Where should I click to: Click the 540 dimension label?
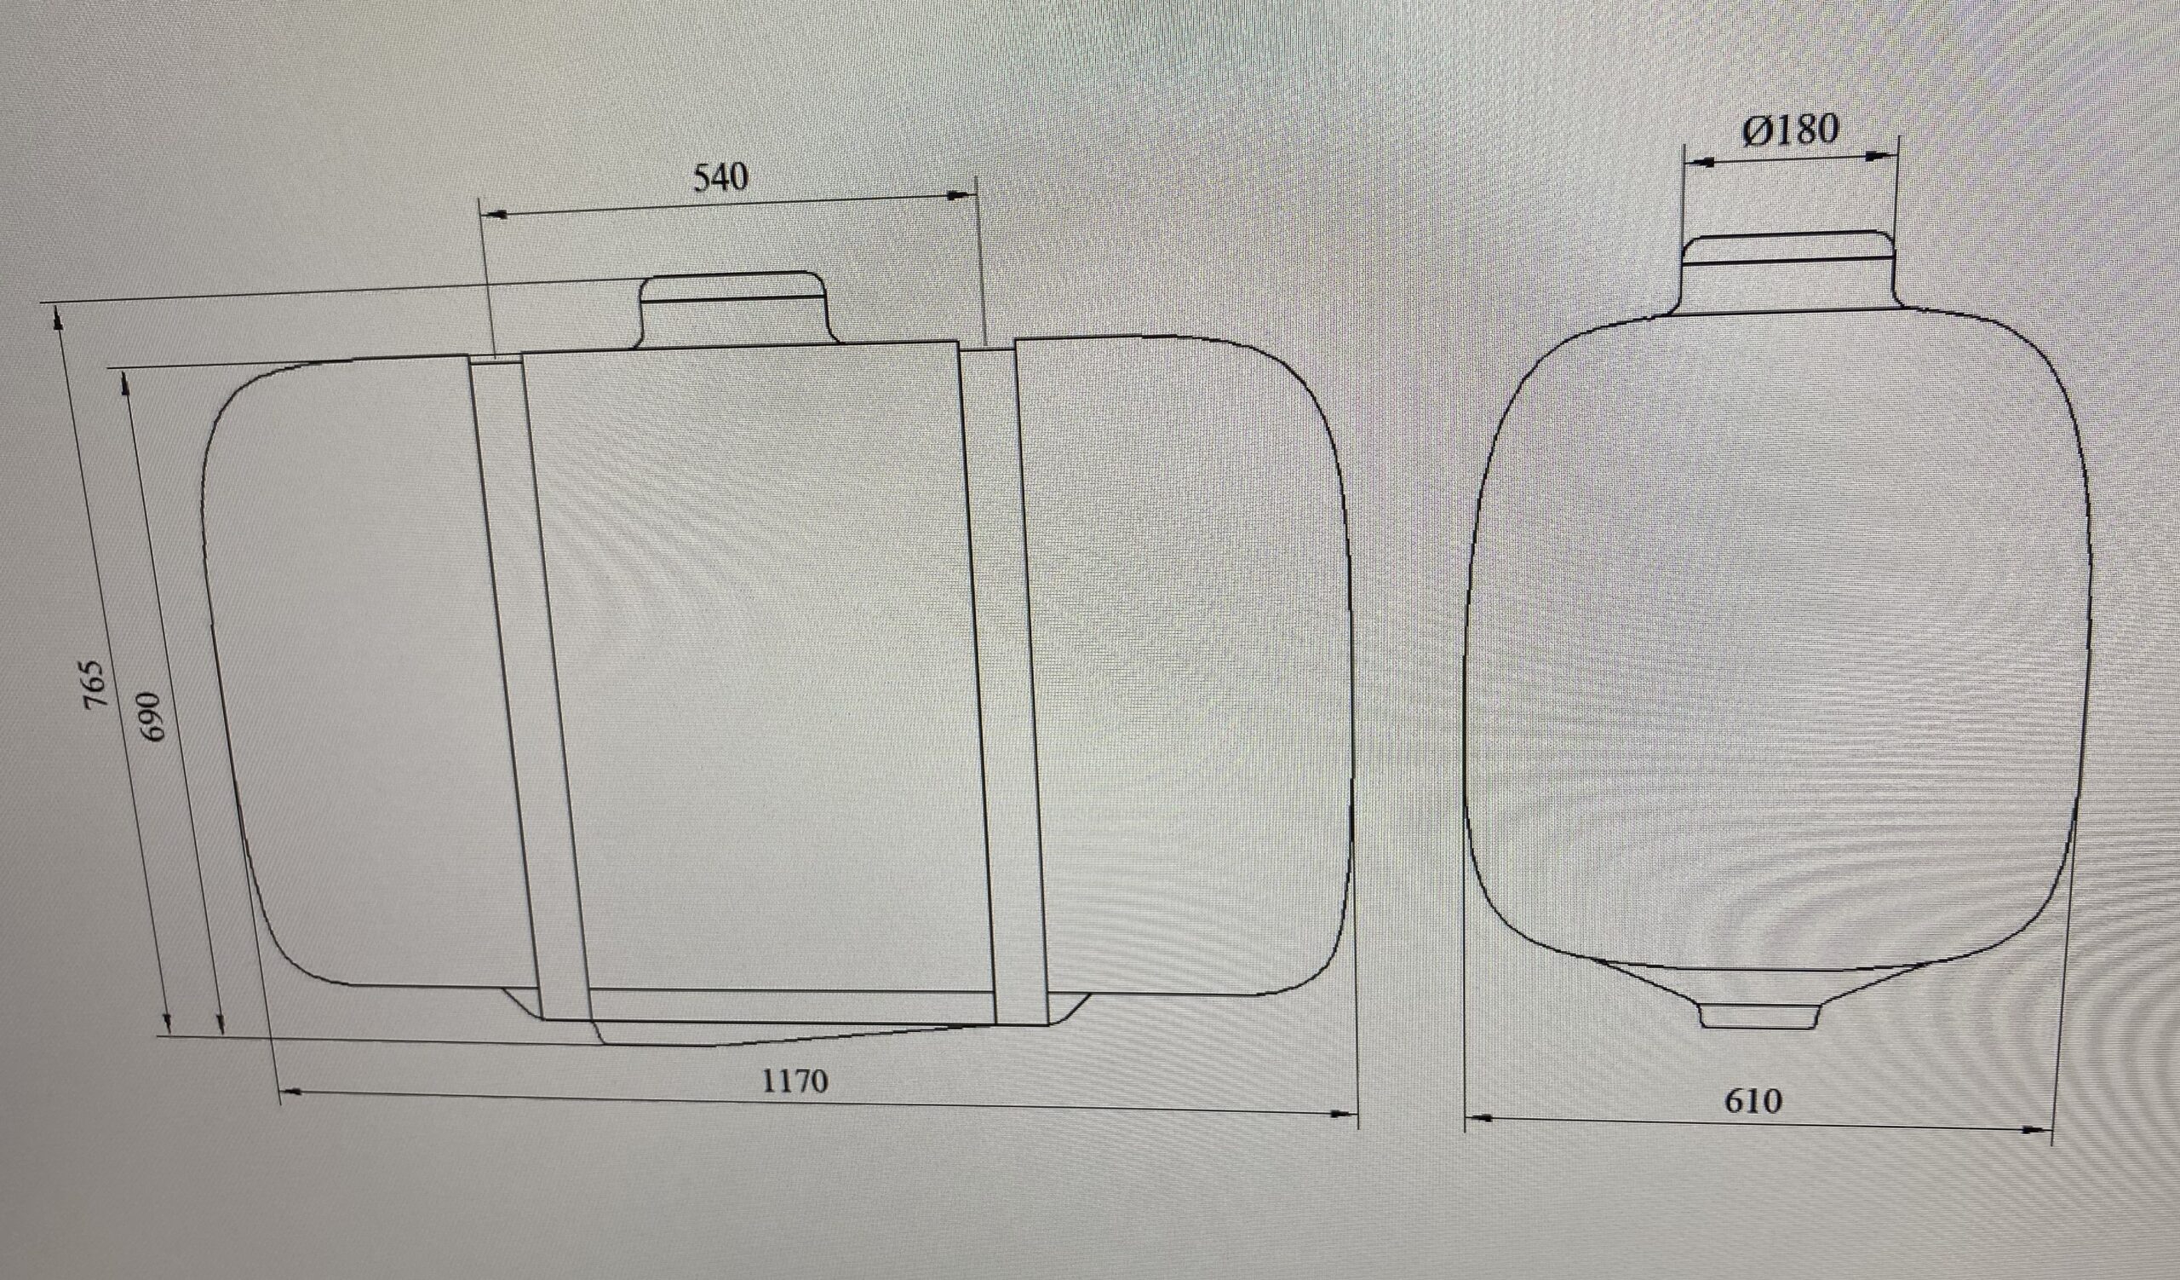tap(720, 177)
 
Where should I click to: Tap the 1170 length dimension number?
tap(795, 1081)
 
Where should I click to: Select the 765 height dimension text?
tap(96, 684)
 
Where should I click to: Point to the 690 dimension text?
tap(150, 715)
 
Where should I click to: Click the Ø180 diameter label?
tap(1790, 130)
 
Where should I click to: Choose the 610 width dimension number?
tap(1753, 1101)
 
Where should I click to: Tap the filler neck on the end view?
tap(1789, 269)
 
